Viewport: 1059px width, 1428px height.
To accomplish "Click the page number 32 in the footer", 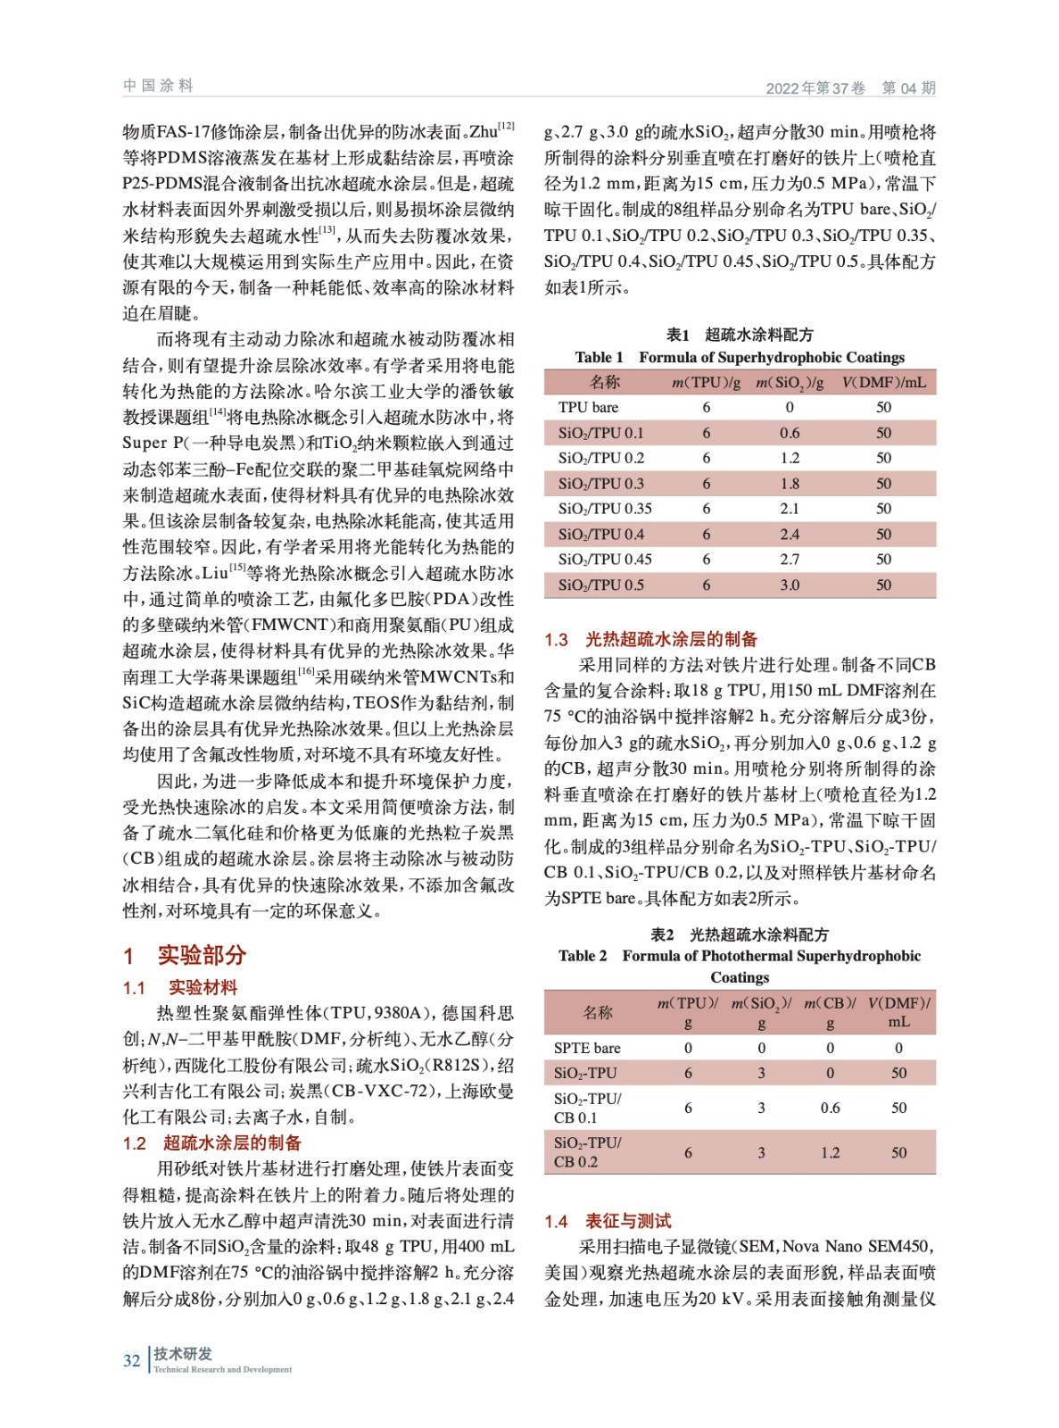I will coord(131,1360).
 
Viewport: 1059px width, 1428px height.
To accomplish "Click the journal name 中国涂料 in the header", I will coord(158,86).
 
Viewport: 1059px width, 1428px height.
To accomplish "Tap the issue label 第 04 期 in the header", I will coord(908,87).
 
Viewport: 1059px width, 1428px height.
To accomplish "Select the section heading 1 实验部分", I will coord(185,955).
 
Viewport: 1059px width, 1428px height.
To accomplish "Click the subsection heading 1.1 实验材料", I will coord(180,987).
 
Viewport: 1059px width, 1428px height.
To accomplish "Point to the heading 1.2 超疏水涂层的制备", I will coord(212,1142).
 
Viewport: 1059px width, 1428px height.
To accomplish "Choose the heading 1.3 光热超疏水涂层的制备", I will coord(650,639).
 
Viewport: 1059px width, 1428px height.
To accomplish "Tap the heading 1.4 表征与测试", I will coord(608,1221).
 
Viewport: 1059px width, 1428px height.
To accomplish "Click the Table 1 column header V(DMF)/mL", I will coord(883,382).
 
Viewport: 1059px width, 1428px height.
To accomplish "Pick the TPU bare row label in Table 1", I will coord(588,407).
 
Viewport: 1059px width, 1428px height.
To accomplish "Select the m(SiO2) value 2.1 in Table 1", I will coord(790,509).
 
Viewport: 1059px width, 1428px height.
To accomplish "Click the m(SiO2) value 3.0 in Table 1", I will coord(790,585).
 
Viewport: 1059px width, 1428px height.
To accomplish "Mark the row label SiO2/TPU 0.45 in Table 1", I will coord(605,560).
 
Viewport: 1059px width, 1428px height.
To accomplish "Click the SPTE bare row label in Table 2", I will coord(587,1048).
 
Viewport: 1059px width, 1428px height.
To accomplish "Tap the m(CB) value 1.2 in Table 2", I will coord(830,1152).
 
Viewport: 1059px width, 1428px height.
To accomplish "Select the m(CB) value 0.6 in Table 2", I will coord(830,1108).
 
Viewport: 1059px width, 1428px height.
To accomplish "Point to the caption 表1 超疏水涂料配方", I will coord(740,335).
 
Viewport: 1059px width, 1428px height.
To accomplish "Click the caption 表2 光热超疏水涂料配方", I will coord(740,934).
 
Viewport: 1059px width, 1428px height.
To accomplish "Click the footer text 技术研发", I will coord(183,1353).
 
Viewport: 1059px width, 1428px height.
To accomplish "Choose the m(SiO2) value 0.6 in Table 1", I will coord(790,433).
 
